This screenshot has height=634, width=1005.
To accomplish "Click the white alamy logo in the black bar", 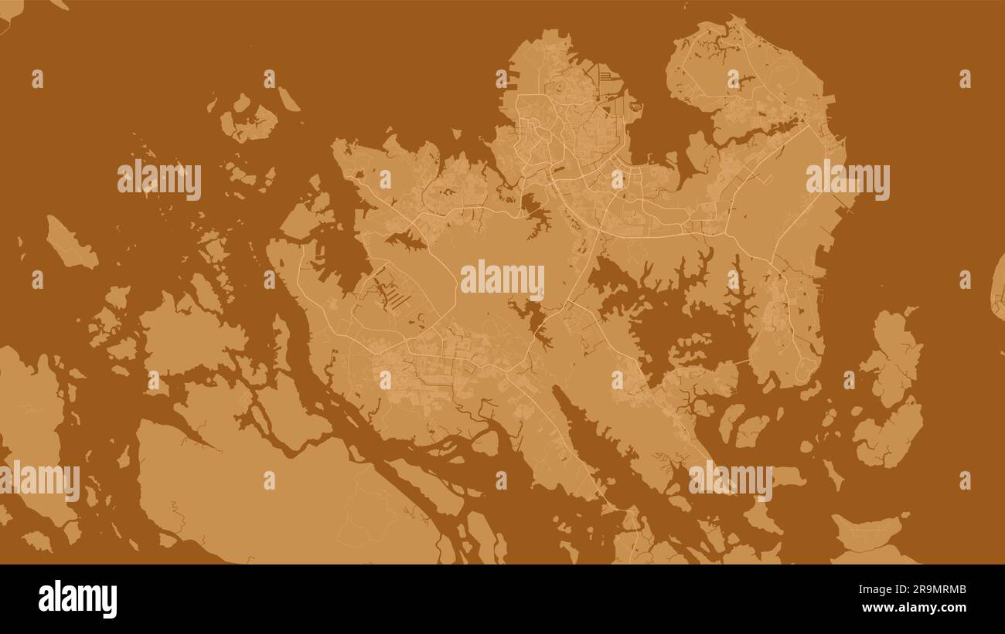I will pos(77,599).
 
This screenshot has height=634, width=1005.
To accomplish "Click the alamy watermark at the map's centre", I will pos(502,280).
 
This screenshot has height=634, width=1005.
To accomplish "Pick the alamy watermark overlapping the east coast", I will pos(847,180).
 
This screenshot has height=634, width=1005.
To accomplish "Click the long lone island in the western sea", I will pos(70,244).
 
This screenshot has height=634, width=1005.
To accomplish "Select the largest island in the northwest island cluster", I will pos(249,124).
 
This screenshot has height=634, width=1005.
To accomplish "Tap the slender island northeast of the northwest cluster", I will pos(288,99).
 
